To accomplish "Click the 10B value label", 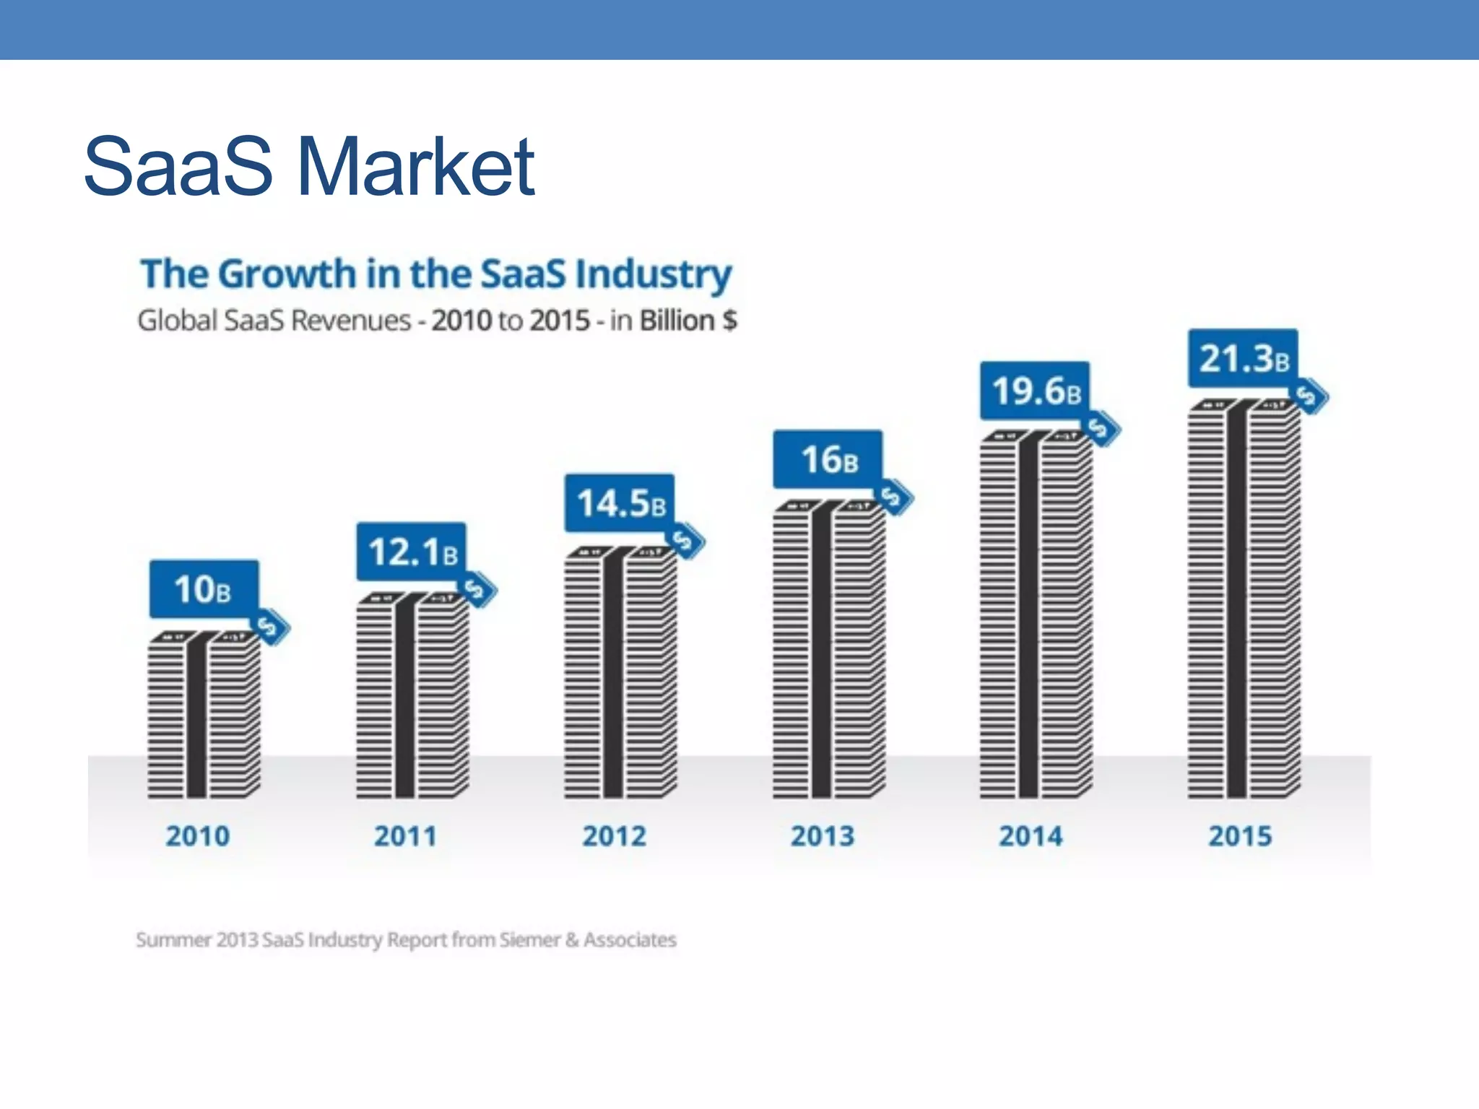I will (203, 589).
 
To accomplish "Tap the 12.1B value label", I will (412, 552).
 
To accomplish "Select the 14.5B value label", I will (620, 503).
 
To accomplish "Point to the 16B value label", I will (828, 459).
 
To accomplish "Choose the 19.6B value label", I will (1035, 391).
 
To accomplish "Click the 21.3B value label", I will (1243, 359).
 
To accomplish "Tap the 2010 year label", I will (198, 836).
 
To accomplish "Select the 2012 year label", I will (614, 836).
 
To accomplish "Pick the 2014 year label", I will (1031, 836).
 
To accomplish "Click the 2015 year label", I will (1240, 836).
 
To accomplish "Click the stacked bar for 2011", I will (412, 697).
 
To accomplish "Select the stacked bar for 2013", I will (828, 650).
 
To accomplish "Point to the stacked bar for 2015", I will (1243, 599).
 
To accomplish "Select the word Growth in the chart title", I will (287, 274).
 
